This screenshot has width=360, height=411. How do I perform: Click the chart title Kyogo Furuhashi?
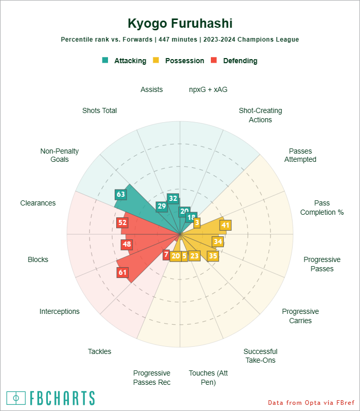[x=180, y=24]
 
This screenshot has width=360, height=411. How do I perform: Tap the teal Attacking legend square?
[x=105, y=60]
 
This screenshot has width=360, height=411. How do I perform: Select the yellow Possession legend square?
[x=156, y=60]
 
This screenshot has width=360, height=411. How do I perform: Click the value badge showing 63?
[x=121, y=195]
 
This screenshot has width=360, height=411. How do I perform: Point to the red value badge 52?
[x=122, y=222]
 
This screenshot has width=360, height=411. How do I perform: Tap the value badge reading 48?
[x=127, y=245]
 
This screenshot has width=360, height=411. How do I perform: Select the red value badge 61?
[x=122, y=272]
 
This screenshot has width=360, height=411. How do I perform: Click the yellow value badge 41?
[x=225, y=225]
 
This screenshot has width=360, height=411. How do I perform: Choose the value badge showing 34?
[x=218, y=241]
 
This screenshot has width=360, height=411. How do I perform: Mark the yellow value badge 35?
[x=213, y=255]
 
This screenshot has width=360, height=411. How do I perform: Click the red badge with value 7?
[x=166, y=254]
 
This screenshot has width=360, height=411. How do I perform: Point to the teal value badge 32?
[x=173, y=199]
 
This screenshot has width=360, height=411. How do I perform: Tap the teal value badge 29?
[x=161, y=207]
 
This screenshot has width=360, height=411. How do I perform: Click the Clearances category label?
[x=38, y=203]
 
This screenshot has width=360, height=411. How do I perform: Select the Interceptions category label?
[x=60, y=311]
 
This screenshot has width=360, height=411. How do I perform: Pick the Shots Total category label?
[x=99, y=110]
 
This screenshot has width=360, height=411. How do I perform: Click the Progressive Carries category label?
[x=300, y=316]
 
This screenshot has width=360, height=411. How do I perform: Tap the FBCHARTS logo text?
[x=61, y=398]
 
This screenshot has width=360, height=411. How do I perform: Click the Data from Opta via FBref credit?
[x=311, y=402]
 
